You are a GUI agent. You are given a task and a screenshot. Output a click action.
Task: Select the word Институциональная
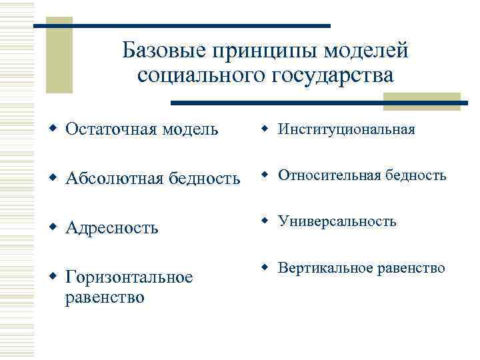tap(346, 129)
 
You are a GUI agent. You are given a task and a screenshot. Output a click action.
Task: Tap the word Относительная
tap(329, 175)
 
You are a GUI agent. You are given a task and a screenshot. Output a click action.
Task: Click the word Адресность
tap(112, 228)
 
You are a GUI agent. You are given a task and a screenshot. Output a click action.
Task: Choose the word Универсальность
tap(337, 221)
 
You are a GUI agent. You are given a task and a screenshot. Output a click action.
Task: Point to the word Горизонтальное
tap(129, 277)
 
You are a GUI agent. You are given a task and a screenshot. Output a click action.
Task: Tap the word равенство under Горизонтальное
tap(105, 297)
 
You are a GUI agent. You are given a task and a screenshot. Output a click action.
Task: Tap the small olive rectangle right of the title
tap(421, 101)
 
